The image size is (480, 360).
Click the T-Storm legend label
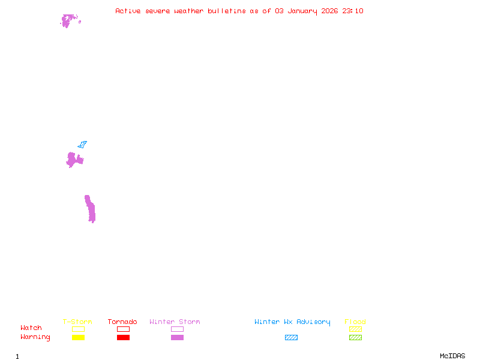point(77,322)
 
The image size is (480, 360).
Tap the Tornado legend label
point(122,322)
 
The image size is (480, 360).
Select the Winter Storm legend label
point(175,322)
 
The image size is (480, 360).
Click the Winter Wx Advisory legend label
point(292,322)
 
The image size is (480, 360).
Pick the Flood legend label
point(355,322)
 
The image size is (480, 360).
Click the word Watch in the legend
point(31,328)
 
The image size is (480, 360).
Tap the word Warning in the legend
point(35,337)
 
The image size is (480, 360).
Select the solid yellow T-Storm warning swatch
point(78,338)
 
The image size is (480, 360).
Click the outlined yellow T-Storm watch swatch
point(78,329)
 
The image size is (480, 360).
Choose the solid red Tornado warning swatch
point(123,338)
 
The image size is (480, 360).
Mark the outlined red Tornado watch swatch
point(123,329)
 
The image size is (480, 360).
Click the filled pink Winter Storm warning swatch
point(177,338)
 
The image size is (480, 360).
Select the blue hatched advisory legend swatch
point(291,338)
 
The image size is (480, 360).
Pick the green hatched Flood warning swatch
point(355,338)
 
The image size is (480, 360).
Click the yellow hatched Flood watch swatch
point(355,329)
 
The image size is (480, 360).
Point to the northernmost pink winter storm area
point(68,20)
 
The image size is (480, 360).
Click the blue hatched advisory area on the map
point(82,144)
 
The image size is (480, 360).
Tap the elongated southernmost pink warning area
point(91,209)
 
